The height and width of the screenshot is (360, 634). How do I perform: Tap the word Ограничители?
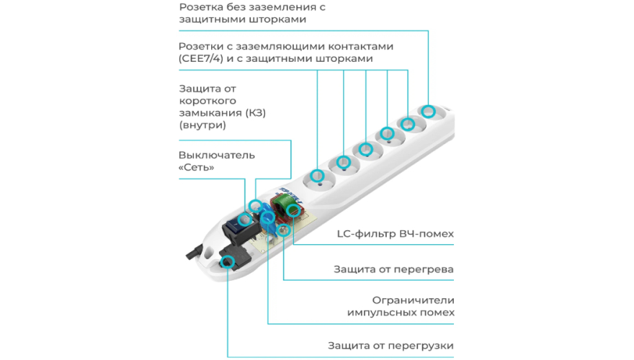[414, 300]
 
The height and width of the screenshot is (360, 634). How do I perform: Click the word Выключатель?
[216, 155]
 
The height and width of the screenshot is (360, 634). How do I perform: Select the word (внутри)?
[202, 125]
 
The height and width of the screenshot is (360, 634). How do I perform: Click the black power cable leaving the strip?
[191, 251]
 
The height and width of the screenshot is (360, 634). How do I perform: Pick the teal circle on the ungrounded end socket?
[428, 112]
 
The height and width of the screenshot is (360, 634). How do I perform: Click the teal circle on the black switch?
[254, 207]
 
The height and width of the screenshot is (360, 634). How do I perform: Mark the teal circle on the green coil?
[293, 210]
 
